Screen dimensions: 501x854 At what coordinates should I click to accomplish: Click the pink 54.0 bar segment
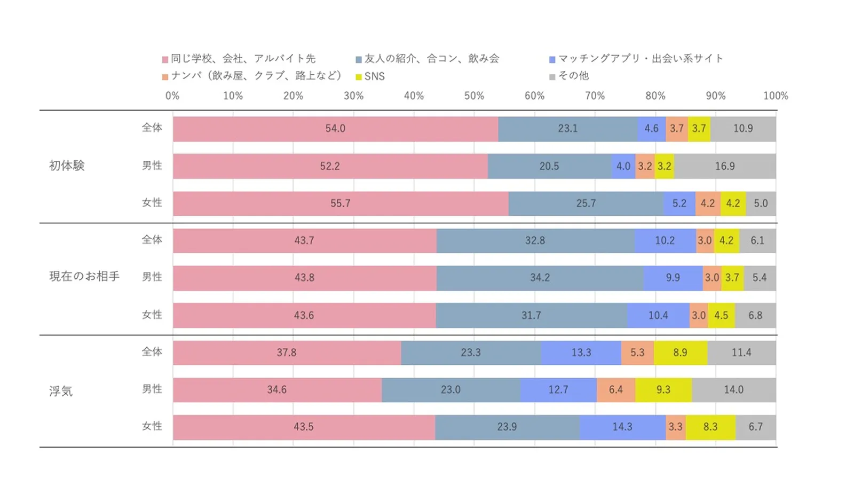[x=335, y=129]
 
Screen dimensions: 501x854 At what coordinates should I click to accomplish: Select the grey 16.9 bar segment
[x=725, y=166]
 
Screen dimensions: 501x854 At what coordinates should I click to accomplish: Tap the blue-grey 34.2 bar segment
[x=540, y=278]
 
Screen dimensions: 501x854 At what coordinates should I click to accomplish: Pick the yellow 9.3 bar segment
[x=663, y=390]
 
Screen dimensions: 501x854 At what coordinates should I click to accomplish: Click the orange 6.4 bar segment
[x=616, y=390]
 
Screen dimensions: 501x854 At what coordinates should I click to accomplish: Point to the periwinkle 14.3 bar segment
[x=622, y=427]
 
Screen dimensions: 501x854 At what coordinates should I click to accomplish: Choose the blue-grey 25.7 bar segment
[x=586, y=203]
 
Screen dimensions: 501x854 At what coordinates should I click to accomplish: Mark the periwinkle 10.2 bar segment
[x=665, y=240]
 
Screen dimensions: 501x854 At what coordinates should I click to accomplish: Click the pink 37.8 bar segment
[x=287, y=353]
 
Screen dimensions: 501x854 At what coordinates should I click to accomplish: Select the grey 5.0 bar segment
[x=761, y=203]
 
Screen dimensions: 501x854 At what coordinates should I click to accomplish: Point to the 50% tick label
[x=474, y=96]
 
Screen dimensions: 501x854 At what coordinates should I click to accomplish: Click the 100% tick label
[x=776, y=96]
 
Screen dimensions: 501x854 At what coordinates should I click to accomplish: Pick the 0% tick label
[x=172, y=96]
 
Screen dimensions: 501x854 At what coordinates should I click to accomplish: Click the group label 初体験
[x=67, y=166]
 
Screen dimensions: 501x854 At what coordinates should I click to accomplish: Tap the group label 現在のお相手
[x=84, y=277]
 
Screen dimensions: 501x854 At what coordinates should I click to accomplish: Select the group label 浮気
[x=61, y=391]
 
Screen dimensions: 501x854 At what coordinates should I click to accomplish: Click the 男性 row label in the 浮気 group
[x=152, y=389]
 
